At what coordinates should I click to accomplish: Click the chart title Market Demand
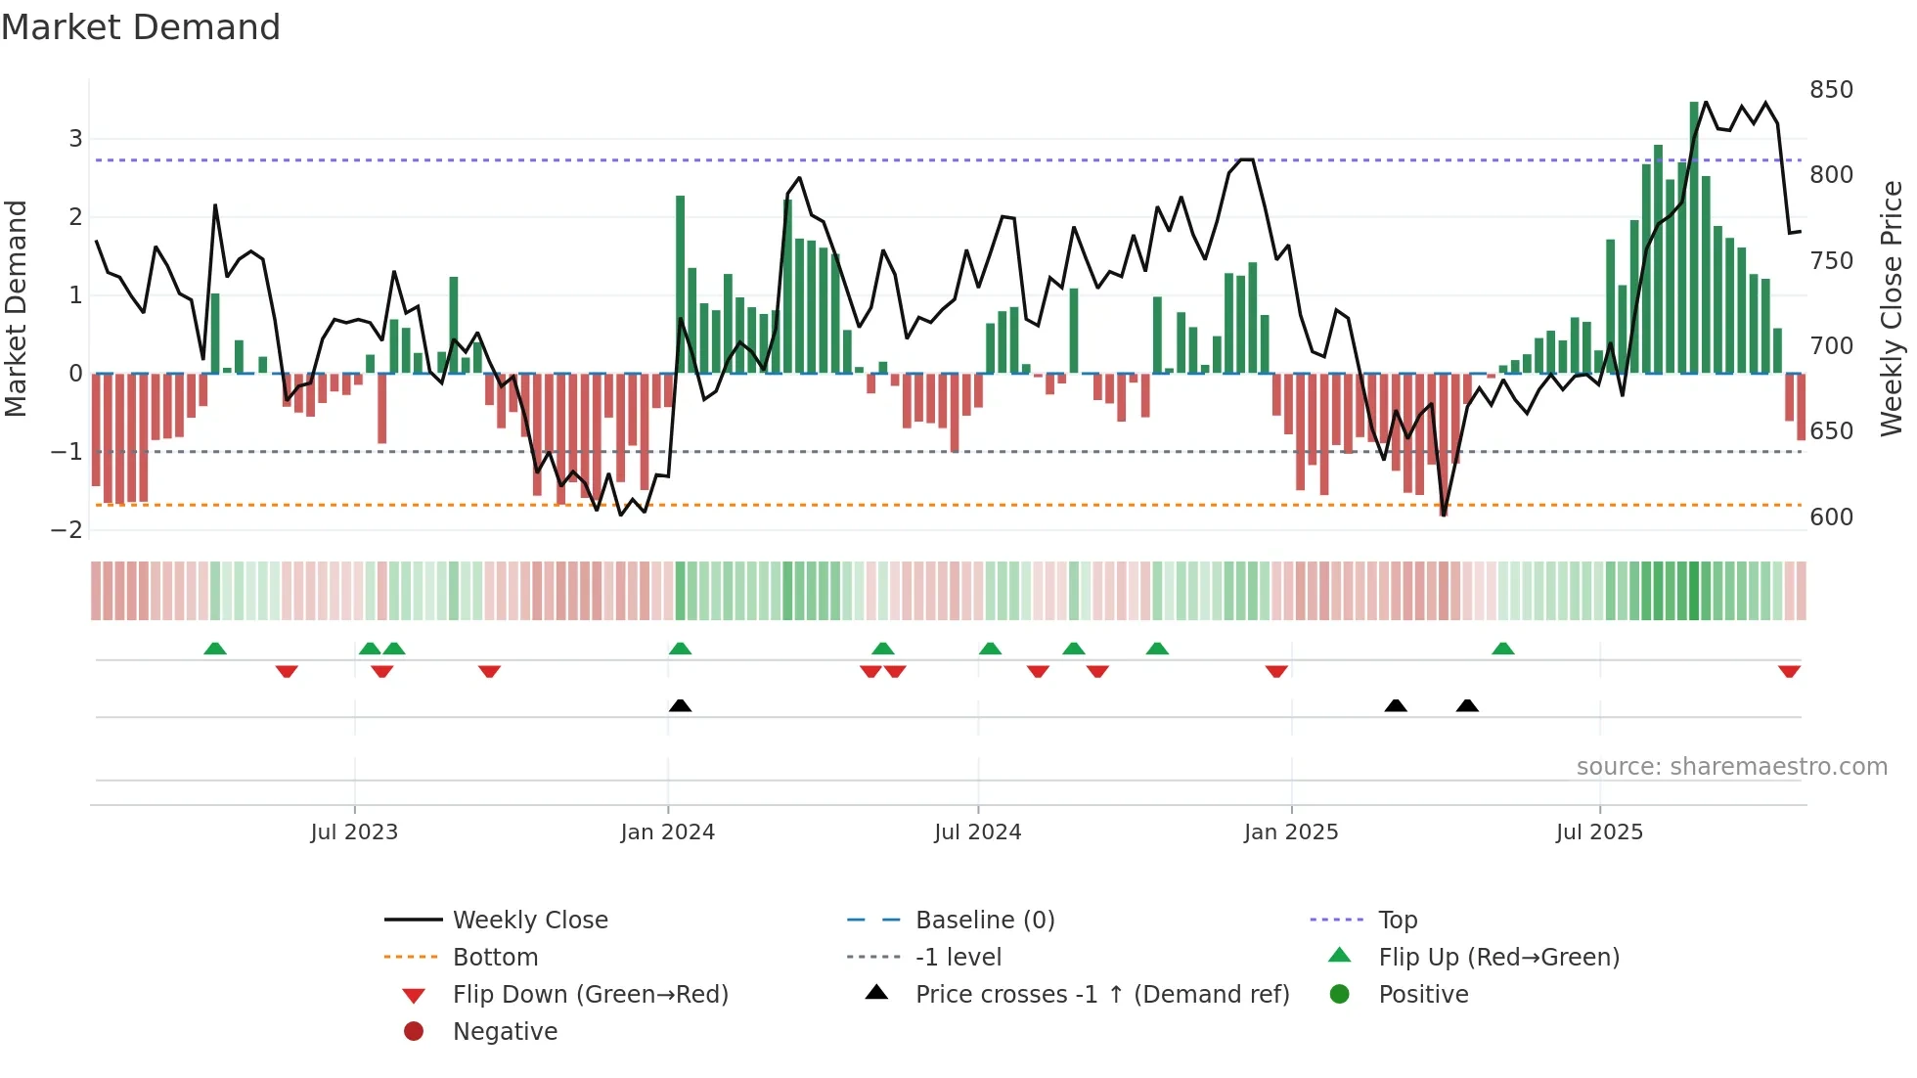(x=141, y=27)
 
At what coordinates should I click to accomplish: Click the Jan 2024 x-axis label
(x=667, y=832)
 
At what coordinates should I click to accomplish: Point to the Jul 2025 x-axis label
(x=1599, y=832)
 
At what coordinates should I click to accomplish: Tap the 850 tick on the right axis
(x=1831, y=90)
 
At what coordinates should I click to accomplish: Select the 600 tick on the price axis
(x=1831, y=517)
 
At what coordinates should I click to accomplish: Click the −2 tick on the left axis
(x=67, y=530)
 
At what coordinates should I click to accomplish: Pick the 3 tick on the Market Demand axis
(x=75, y=139)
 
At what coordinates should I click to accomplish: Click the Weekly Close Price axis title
(x=1892, y=308)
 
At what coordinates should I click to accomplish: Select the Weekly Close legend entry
(x=529, y=921)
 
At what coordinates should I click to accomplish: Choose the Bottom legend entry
(x=495, y=958)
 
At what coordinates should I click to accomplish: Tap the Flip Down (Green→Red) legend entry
(x=590, y=995)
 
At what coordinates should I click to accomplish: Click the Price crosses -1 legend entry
(x=1101, y=995)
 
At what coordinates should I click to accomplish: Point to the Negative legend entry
(x=505, y=1032)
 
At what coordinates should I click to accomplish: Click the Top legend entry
(x=1397, y=921)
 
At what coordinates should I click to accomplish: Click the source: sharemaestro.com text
(x=1731, y=767)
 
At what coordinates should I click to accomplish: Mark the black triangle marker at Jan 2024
(x=680, y=705)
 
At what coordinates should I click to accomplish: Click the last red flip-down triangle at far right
(x=1789, y=671)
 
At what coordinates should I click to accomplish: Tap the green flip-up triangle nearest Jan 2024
(x=680, y=649)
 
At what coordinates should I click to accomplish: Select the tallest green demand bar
(x=1694, y=237)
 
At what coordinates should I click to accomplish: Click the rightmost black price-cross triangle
(x=1466, y=705)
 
